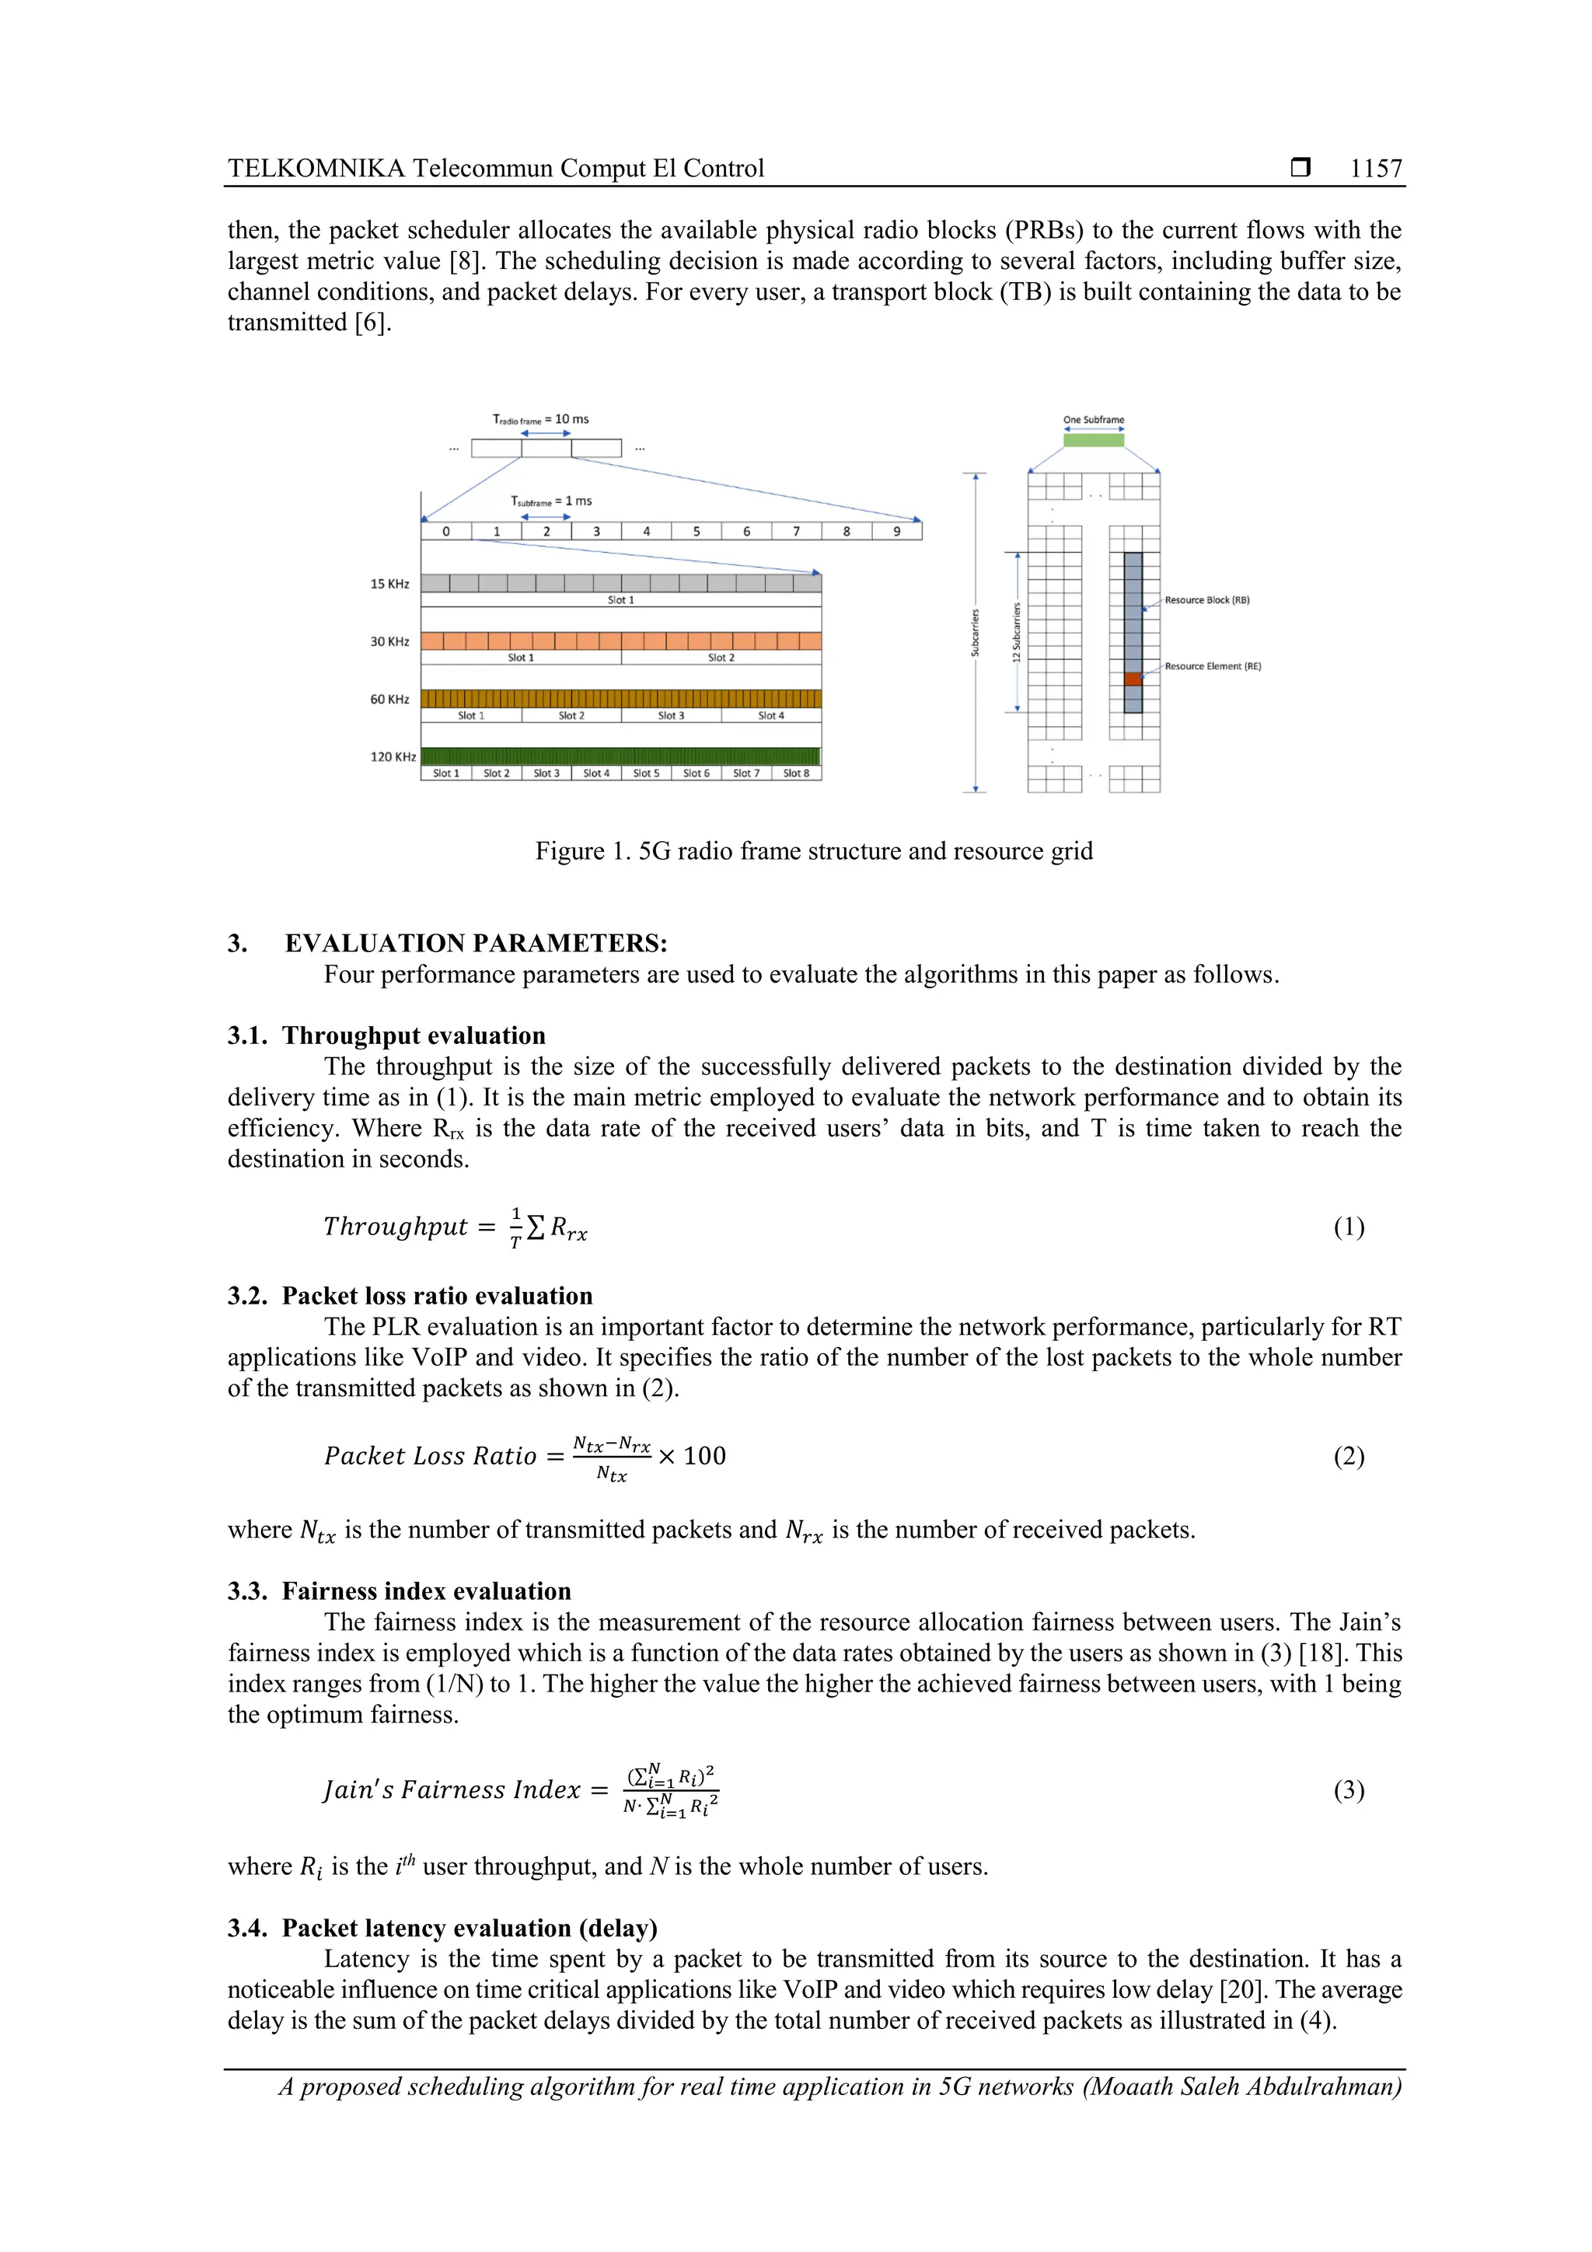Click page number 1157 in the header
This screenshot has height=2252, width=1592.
pyautogui.click(x=1375, y=169)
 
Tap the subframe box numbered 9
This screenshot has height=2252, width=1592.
pyautogui.click(x=896, y=532)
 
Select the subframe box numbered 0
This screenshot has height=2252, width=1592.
pyautogui.click(x=446, y=532)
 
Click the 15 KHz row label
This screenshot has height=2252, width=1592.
pyautogui.click(x=389, y=584)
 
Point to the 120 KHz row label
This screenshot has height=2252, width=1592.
pyautogui.click(x=393, y=756)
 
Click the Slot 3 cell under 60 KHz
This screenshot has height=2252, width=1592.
pyautogui.click(x=671, y=715)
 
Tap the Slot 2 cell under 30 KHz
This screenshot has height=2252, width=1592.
pyautogui.click(x=721, y=657)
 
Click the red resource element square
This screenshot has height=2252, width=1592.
pyautogui.click(x=1133, y=679)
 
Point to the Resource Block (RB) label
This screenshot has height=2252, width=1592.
pyautogui.click(x=1206, y=599)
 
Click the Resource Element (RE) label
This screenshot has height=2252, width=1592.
pyautogui.click(x=1213, y=666)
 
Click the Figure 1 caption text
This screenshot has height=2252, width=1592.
pyautogui.click(x=813, y=850)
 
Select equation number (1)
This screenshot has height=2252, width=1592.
pyautogui.click(x=1348, y=1227)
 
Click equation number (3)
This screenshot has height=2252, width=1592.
pyautogui.click(x=1348, y=1790)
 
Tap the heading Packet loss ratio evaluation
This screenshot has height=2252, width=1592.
pyautogui.click(x=437, y=1296)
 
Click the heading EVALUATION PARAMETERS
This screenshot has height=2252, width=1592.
pyautogui.click(x=476, y=943)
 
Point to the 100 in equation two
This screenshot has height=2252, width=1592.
pyautogui.click(x=704, y=1455)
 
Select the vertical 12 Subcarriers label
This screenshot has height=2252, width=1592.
pyautogui.click(x=1016, y=632)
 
